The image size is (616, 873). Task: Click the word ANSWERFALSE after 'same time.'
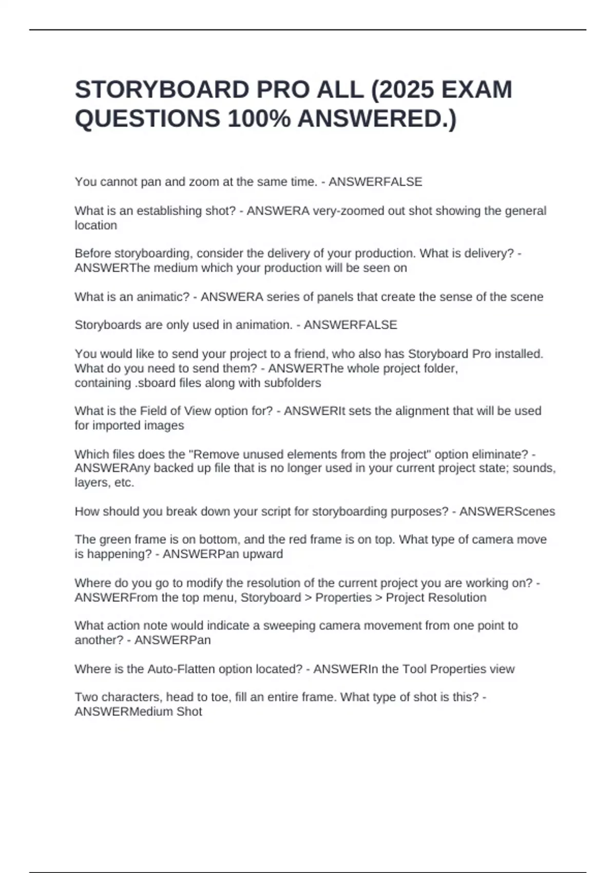click(x=375, y=182)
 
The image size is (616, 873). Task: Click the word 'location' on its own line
click(x=96, y=225)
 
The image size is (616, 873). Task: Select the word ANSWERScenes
click(x=507, y=511)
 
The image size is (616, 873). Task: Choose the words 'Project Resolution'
click(x=436, y=598)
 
